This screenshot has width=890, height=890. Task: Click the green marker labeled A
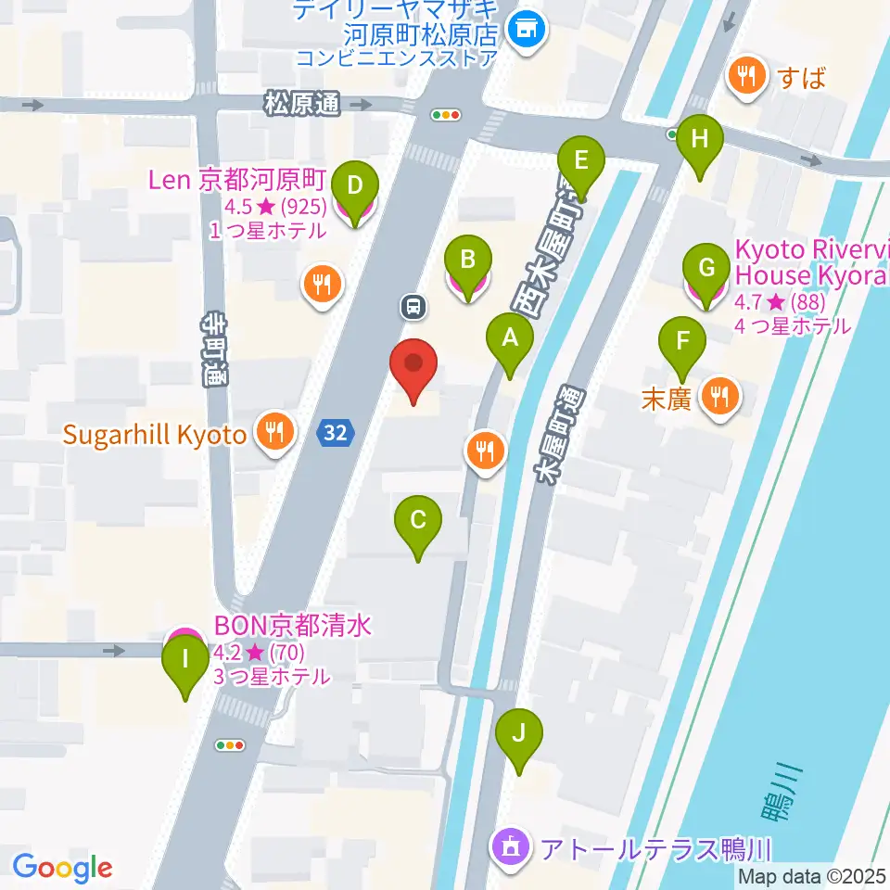coord(509,340)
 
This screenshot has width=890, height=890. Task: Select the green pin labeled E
coord(581,162)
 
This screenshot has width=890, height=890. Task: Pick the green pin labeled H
coord(700,142)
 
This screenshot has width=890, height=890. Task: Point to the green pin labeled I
coord(185,662)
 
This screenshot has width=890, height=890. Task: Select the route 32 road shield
coord(336,431)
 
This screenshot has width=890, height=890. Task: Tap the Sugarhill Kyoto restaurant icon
coord(276,431)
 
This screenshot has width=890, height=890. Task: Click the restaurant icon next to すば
coord(746,77)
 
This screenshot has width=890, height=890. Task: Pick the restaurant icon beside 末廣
coord(719,398)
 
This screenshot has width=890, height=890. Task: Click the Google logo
coord(62,867)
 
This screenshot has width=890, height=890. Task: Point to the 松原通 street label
coord(302,104)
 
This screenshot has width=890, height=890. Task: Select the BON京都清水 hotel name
coord(293,626)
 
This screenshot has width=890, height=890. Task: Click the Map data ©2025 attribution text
coord(812,876)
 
